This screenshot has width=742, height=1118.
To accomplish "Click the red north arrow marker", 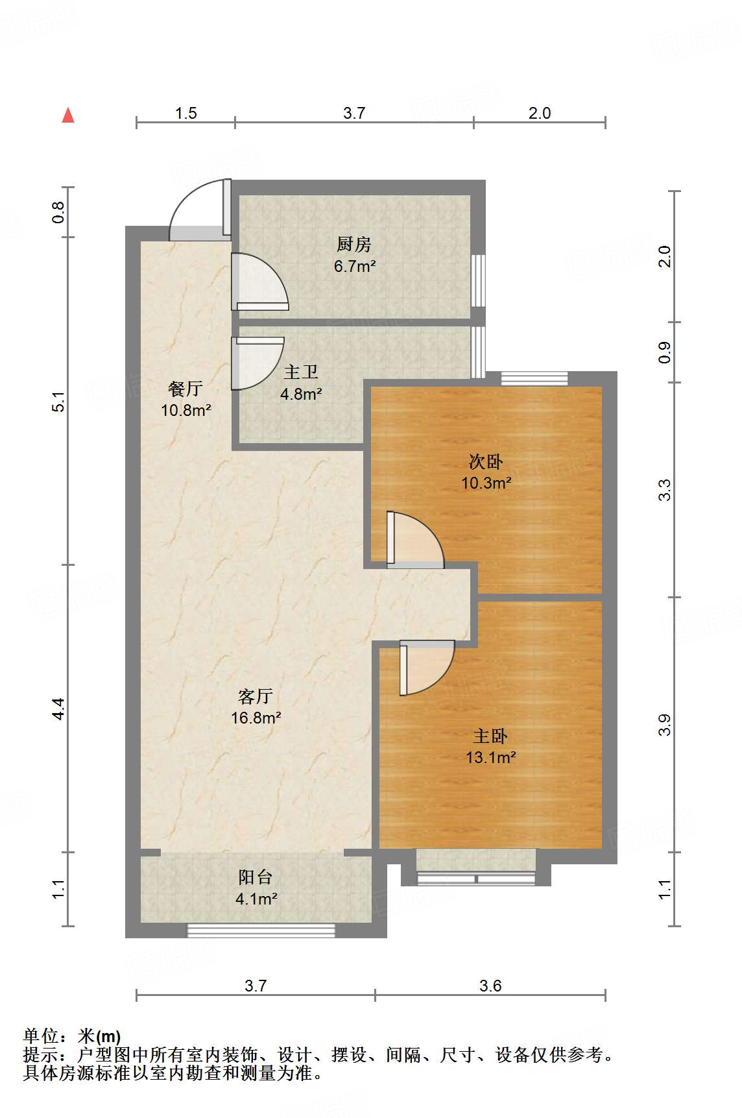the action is tap(68, 115).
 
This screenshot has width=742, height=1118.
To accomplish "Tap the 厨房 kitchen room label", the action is tap(354, 244).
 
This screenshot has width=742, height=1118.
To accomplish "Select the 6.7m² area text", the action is tap(355, 266).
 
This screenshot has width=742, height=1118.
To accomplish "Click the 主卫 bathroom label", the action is tap(301, 372).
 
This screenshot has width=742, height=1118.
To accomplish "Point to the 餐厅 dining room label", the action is tap(185, 389).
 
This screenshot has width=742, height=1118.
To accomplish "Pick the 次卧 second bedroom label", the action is tap(486, 461).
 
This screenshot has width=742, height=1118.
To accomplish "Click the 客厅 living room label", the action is tap(256, 696).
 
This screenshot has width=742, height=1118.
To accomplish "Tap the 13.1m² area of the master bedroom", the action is tap(491, 757).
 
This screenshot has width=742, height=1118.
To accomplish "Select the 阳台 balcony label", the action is tap(256, 877).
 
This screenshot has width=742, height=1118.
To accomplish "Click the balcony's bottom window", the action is tap(261, 930).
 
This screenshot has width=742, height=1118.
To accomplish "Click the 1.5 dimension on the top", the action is tap(185, 113).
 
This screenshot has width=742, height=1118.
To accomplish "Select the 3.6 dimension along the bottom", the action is tap(490, 986).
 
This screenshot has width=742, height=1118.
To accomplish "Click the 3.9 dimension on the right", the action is tap(664, 725).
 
